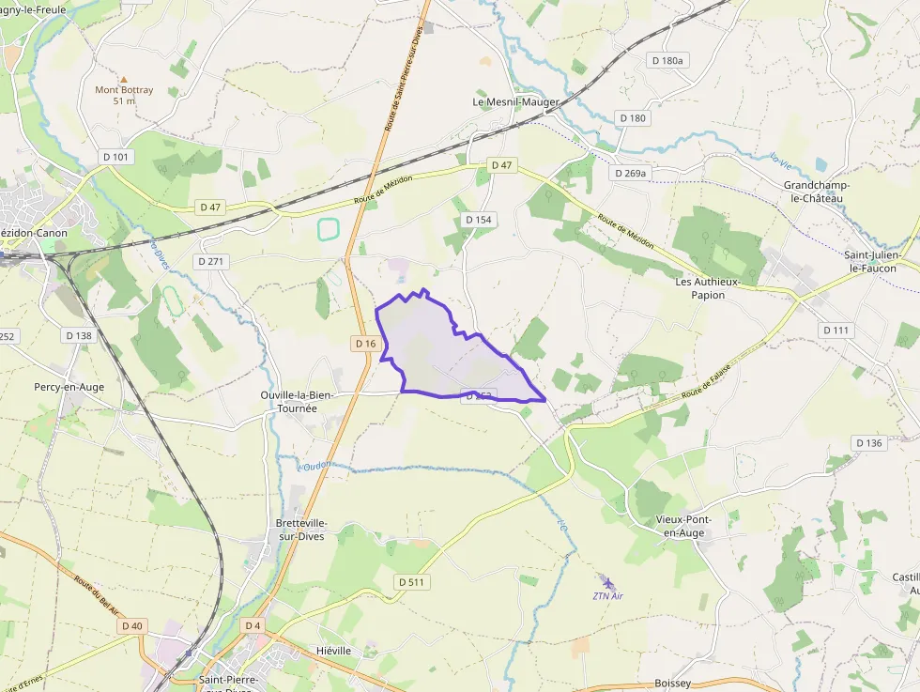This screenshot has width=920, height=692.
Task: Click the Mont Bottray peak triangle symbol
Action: (124, 79)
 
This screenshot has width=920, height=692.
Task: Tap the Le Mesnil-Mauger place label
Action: (515, 101)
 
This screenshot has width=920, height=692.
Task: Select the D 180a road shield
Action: (669, 60)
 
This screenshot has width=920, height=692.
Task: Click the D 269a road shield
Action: (630, 174)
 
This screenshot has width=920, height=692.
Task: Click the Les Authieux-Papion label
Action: (708, 287)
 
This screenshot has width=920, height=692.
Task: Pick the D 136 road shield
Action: (869, 443)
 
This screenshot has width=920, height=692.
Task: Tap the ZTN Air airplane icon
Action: (607, 583)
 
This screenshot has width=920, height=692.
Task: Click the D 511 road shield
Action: (411, 582)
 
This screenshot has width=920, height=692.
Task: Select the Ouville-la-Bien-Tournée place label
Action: (298, 402)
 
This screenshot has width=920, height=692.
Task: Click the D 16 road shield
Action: (366, 344)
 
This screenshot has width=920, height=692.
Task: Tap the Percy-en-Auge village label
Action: (69, 387)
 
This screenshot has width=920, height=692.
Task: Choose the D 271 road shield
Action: (213, 262)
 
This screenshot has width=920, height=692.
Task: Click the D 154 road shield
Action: (479, 220)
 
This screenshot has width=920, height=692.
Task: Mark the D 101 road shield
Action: (119, 157)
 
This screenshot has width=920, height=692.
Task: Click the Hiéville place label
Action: (334, 650)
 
